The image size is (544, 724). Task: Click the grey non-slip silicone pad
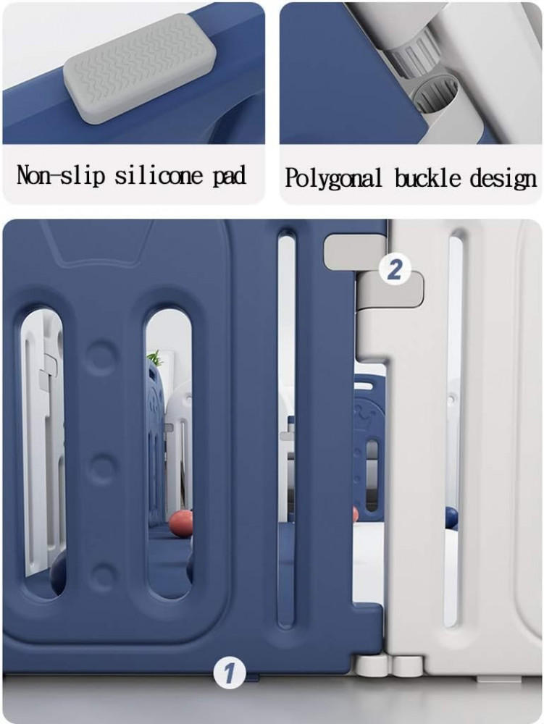coord(140,67)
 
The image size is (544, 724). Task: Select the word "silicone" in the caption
coord(159,175)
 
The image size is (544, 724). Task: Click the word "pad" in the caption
coord(229,177)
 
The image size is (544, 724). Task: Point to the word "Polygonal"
coord(333,178)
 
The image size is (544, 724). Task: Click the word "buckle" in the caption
coord(427,178)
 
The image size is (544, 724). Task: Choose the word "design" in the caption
coord(503,179)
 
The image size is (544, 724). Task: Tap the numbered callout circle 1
coord(229,673)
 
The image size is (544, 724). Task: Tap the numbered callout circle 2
coord(394,269)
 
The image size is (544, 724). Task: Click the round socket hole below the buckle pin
coord(436,96)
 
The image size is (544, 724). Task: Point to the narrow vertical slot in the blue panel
coord(286,429)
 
